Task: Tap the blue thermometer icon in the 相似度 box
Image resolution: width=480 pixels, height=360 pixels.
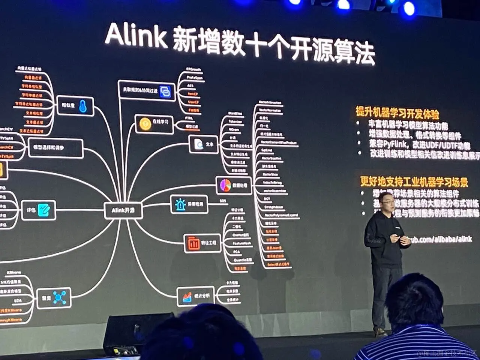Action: pos(83,106)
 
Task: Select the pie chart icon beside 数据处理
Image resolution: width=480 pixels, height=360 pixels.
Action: pos(225,185)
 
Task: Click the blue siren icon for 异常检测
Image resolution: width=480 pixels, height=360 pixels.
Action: pos(181,204)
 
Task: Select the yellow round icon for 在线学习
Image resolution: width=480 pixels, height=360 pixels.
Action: pos(145,124)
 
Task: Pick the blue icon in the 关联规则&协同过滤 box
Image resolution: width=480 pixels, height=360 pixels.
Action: pos(165,91)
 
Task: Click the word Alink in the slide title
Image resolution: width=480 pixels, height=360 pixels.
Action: pos(136,37)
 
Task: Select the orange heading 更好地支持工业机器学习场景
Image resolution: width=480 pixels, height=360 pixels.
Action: pos(414,181)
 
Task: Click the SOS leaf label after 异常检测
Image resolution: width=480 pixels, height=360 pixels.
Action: pos(223,201)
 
